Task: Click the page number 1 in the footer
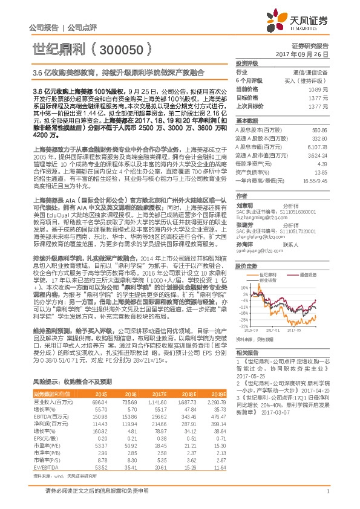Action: point(327,497)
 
